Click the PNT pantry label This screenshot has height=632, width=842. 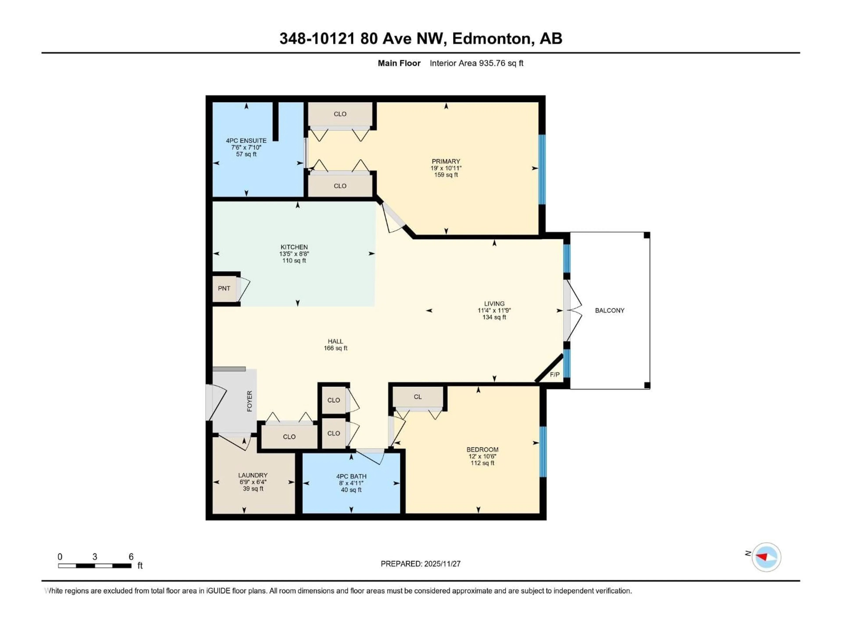pyautogui.click(x=224, y=288)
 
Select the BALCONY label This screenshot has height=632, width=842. pyautogui.click(x=609, y=311)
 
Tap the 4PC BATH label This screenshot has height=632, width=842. pyautogui.click(x=351, y=476)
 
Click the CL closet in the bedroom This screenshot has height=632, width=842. pyautogui.click(x=417, y=397)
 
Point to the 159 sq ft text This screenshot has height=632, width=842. pyautogui.click(x=446, y=175)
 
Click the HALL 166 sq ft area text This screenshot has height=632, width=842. pyautogui.click(x=335, y=348)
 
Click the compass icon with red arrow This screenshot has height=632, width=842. pyautogui.click(x=766, y=557)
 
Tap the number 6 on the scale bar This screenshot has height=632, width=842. pyautogui.click(x=131, y=557)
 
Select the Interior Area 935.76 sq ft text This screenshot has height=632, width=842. pyautogui.click(x=476, y=63)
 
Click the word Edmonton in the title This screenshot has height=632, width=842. pyautogui.click(x=491, y=38)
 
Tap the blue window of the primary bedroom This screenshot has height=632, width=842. pyautogui.click(x=542, y=170)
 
